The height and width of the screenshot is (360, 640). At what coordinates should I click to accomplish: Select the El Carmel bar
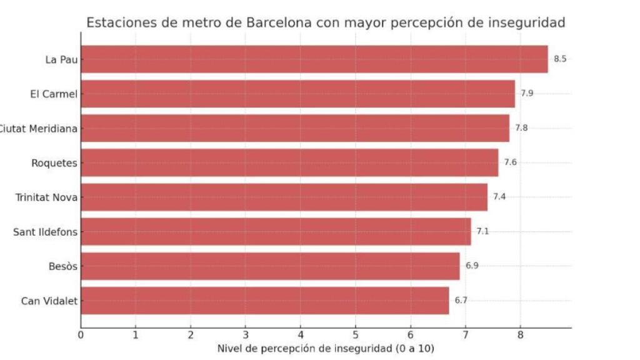pos(297,94)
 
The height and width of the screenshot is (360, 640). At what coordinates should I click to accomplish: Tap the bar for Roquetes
pos(289,162)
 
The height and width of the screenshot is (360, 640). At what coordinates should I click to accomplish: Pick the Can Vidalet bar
pos(264,301)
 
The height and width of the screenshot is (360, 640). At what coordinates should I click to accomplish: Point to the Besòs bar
pos(270,266)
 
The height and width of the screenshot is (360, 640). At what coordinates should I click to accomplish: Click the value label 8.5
pos(560,59)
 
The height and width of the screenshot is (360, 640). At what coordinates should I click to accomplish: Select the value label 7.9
pos(527,94)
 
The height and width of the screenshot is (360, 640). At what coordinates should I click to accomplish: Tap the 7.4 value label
pos(499,197)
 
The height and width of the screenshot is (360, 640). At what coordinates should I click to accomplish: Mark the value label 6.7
pos(461,301)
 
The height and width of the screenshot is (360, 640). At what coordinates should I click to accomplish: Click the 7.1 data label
pos(482,231)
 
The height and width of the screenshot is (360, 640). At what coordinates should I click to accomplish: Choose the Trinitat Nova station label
pos(47,197)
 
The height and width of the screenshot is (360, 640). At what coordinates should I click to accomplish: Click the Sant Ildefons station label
pos(46,232)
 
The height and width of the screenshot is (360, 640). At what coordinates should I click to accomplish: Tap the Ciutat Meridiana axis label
pos(39,129)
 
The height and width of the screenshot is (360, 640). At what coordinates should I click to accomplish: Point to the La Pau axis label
pos(61,60)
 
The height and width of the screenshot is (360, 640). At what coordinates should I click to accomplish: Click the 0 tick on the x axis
pos(81,335)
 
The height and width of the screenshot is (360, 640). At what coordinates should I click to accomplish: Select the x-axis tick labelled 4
pos(301,335)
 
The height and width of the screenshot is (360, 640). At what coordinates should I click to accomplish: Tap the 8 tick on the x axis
pos(520,335)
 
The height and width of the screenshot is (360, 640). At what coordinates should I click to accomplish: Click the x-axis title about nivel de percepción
pos(325,348)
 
